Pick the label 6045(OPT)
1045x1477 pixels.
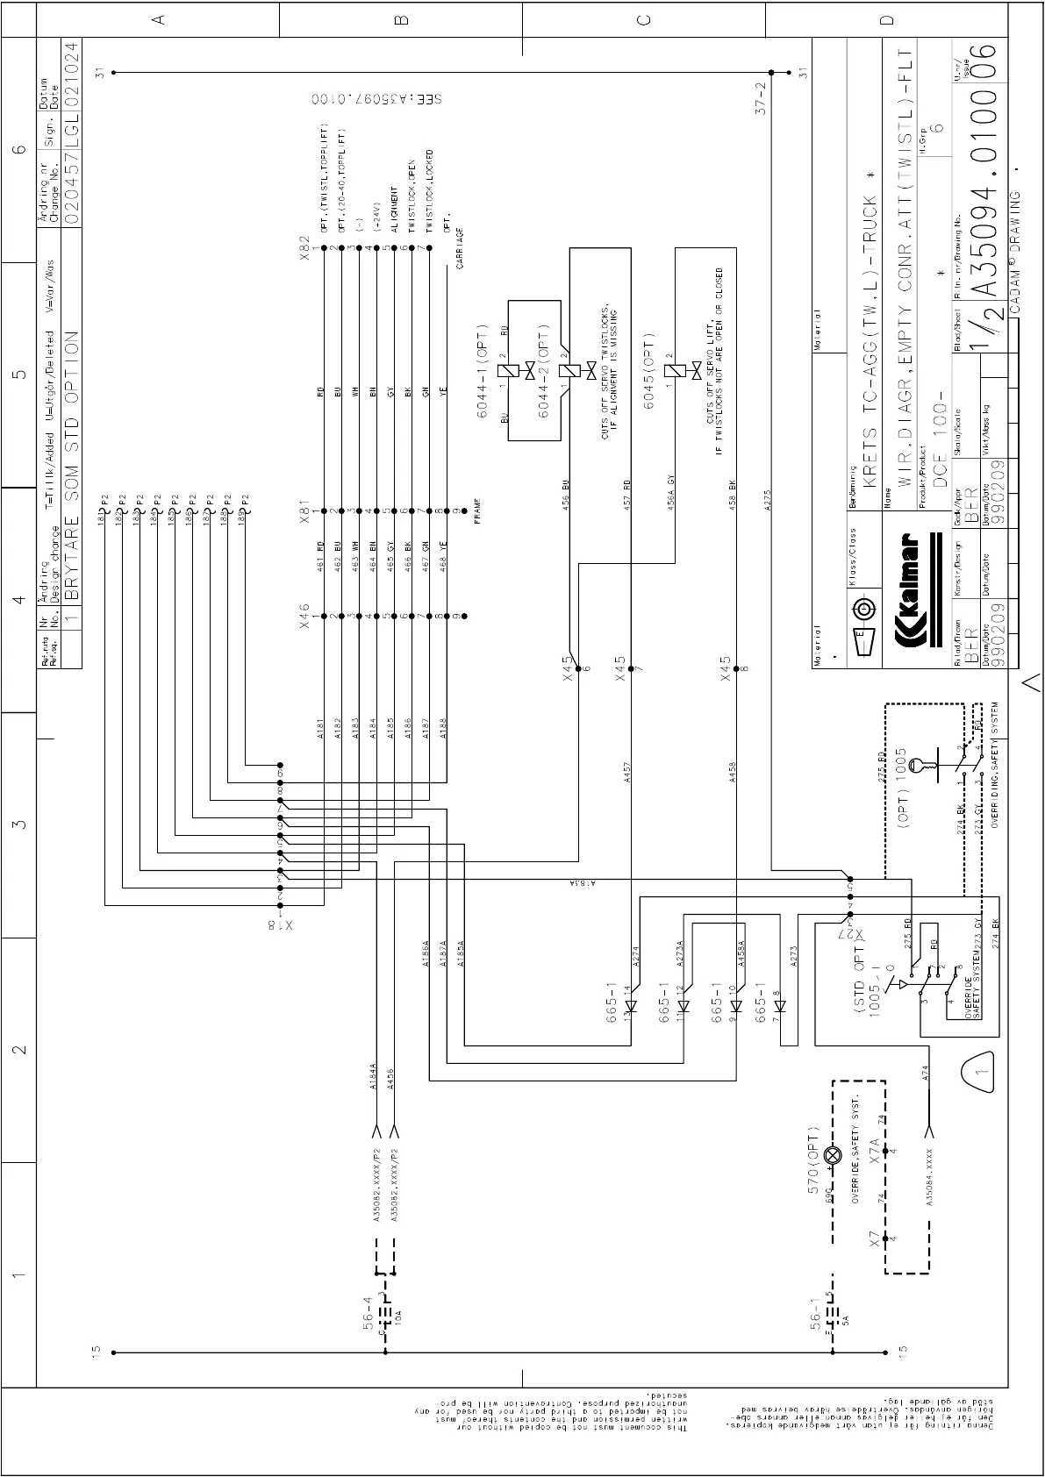click(x=649, y=371)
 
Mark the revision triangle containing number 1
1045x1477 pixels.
click(x=977, y=1071)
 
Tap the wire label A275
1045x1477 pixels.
click(x=769, y=500)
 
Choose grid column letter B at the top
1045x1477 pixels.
click(x=401, y=18)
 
